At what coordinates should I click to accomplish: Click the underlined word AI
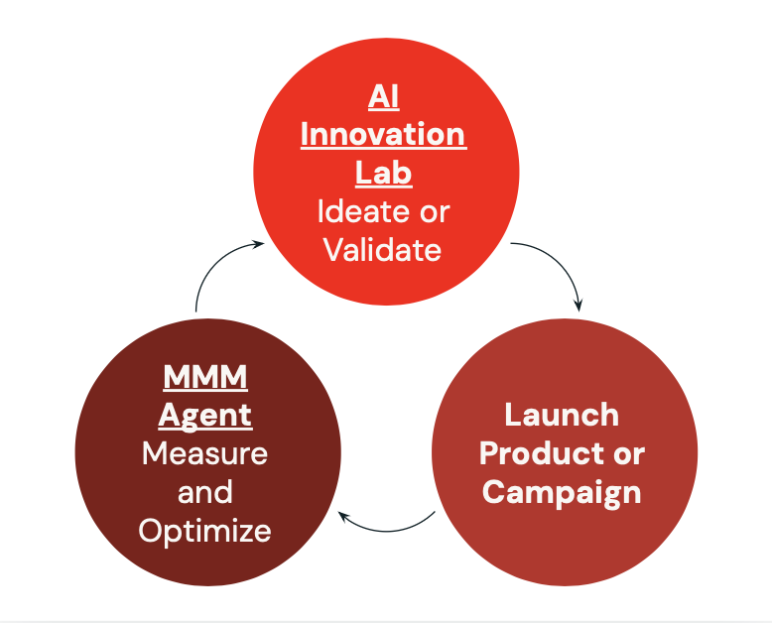pos(384,96)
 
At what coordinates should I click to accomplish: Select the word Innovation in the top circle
pos(383,134)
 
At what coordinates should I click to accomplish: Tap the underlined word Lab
pos(384,173)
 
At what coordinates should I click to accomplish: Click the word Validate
pos(383,249)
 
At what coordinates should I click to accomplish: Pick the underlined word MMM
pos(205,377)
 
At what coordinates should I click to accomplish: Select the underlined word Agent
pos(205,417)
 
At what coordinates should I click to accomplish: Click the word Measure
pos(204,453)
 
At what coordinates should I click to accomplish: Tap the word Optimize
pos(204,532)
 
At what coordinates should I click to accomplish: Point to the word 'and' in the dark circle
pos(204,492)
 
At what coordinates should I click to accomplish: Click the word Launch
pos(562,415)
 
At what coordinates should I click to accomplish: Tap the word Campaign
pos(562,493)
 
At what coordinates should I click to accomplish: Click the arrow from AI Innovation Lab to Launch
pos(559,261)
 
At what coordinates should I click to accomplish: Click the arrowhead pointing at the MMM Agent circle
pos(343,517)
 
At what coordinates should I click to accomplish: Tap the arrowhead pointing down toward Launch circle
pos(579,306)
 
